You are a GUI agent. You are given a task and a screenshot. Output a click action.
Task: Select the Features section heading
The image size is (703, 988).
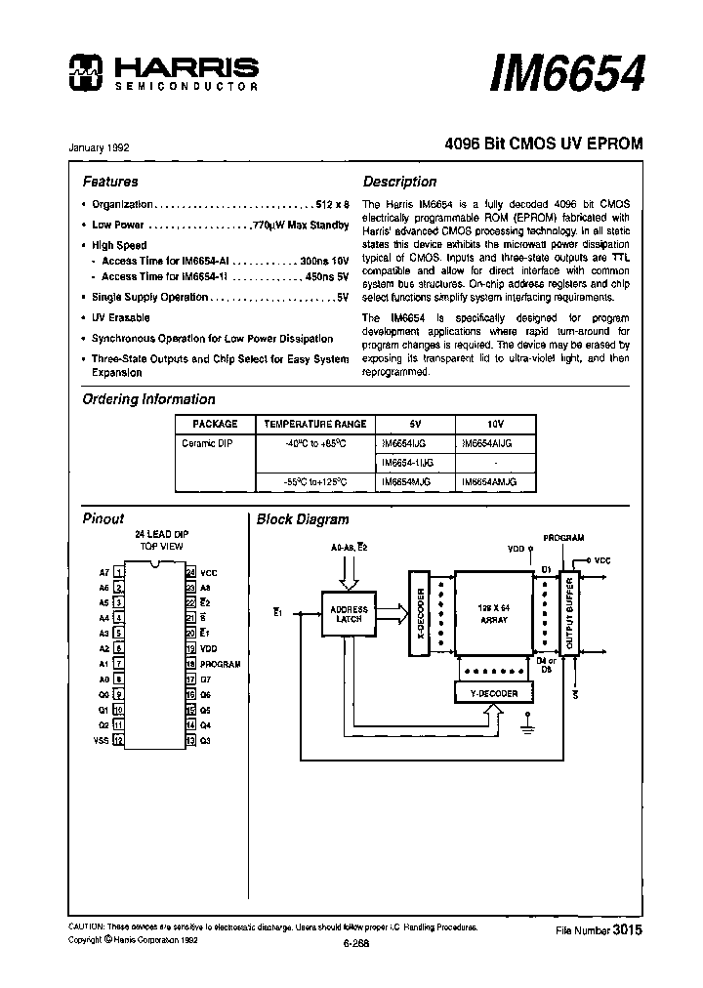pyautogui.click(x=109, y=182)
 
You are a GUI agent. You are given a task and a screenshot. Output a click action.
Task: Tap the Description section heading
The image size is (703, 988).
pyautogui.click(x=399, y=182)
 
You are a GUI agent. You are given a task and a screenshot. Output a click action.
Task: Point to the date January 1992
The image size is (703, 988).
pyautogui.click(x=99, y=147)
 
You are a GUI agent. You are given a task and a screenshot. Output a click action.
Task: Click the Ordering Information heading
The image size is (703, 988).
pyautogui.click(x=148, y=399)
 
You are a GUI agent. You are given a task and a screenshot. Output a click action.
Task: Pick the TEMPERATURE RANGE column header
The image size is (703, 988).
pyautogui.click(x=315, y=424)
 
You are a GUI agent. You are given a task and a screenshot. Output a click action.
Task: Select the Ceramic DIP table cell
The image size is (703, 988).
pyautogui.click(x=206, y=443)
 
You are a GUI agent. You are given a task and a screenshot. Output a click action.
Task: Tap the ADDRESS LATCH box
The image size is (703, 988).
pyautogui.click(x=349, y=612)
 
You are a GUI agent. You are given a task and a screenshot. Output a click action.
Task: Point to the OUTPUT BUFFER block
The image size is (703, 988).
pyautogui.click(x=571, y=613)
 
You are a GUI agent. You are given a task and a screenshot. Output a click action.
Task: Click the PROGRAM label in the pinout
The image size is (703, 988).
pyautogui.click(x=220, y=664)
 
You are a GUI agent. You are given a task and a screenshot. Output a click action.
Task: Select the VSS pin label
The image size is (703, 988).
pyautogui.click(x=103, y=739)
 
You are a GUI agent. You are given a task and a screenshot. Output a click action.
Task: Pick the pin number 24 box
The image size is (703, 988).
pyautogui.click(x=191, y=572)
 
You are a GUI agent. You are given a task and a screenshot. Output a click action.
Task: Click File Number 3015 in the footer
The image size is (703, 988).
pyautogui.click(x=598, y=931)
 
